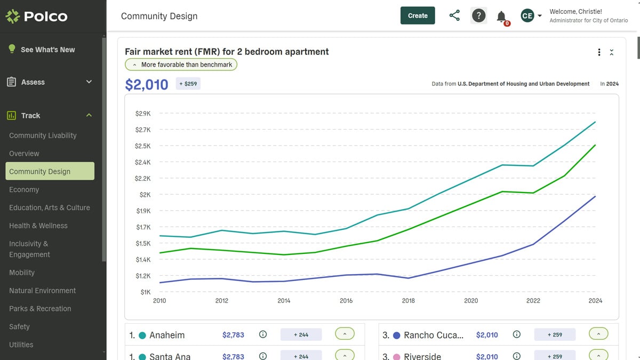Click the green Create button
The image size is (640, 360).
coord(418,15)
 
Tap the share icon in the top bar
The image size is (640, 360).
coord(454,15)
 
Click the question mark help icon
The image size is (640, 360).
coord(479,15)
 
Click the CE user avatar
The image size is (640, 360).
coord(527,15)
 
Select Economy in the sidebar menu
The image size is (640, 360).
coord(24,189)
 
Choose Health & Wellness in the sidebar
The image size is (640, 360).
coord(38,226)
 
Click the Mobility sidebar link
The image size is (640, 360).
coord(22,273)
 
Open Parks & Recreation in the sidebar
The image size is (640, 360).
coord(40,309)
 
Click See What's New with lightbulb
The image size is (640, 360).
coord(47,50)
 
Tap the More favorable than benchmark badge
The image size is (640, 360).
coord(181,65)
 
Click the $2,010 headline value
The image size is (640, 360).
coord(146,84)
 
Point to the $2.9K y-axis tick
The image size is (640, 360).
coord(143,114)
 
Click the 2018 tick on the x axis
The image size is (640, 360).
coord(408,301)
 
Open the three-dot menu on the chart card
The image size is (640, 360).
coord(599,52)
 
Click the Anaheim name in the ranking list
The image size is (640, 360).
coord(167,335)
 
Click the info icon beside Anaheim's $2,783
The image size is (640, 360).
coord(262,334)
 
